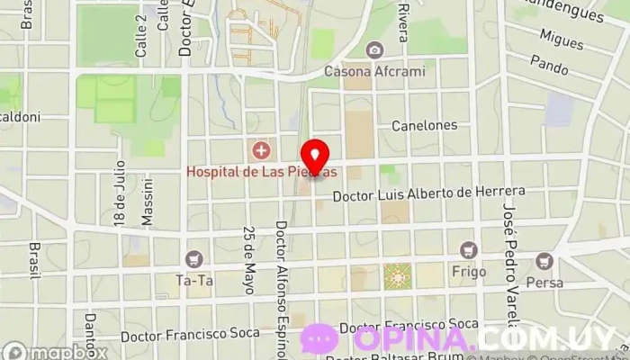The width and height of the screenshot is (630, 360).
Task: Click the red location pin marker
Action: (314, 157)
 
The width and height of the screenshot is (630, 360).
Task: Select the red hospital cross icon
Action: (261, 148)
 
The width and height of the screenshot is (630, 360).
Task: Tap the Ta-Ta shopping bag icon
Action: (193, 259)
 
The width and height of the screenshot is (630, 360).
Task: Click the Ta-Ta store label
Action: (193, 280)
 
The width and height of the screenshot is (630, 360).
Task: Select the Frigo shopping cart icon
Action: (468, 250)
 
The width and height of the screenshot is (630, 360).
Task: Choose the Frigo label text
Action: (468, 271)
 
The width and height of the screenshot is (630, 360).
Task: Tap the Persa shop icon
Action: (543, 261)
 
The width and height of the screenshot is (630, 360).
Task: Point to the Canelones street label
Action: (424, 125)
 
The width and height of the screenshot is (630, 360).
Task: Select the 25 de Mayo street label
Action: (248, 259)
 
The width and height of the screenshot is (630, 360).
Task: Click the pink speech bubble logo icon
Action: (319, 339)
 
